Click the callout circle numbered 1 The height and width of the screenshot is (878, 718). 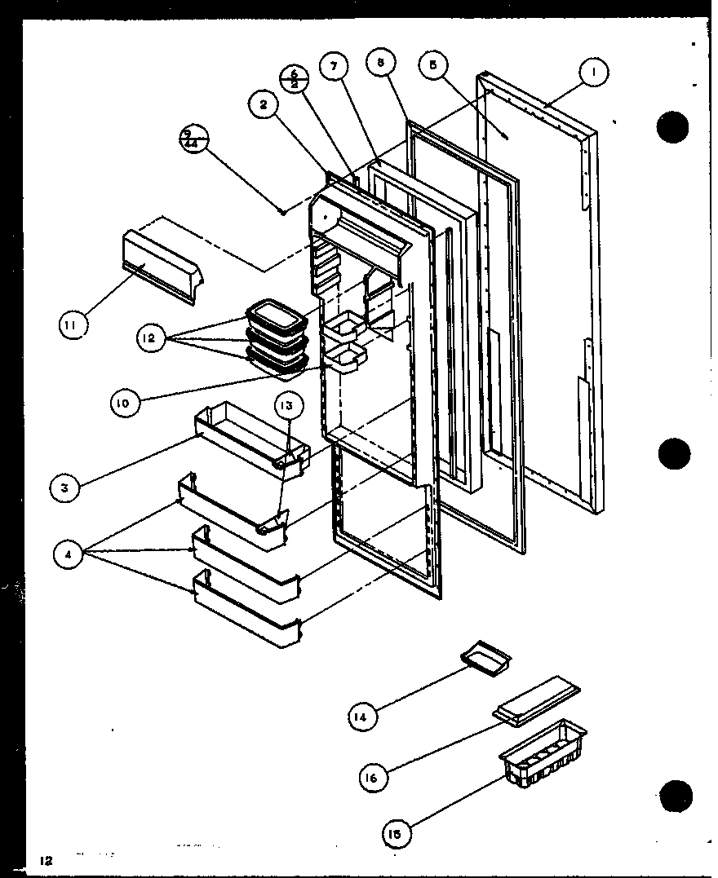(593, 73)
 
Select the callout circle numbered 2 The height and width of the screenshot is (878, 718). (264, 104)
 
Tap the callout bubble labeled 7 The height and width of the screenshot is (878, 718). (333, 67)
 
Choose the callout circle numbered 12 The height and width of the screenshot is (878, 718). (151, 337)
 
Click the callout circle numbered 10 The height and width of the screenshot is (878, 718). (124, 403)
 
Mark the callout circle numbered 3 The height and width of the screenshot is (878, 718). (64, 488)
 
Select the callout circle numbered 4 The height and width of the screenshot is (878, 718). (68, 556)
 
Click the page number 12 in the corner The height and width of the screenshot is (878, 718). (44, 860)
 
